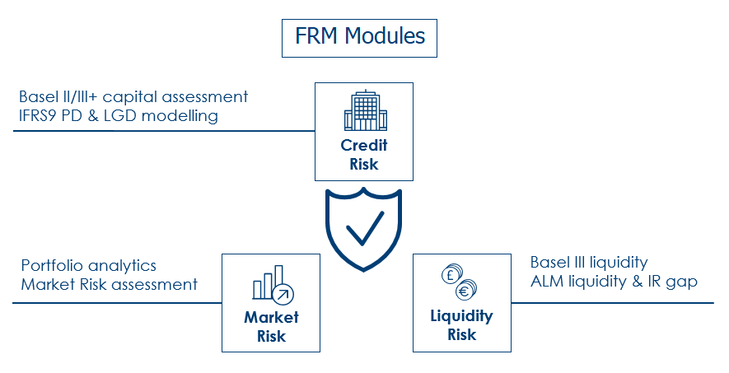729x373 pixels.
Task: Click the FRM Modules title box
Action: click(359, 38)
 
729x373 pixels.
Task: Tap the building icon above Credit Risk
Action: click(363, 112)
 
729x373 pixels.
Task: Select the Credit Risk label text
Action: click(364, 155)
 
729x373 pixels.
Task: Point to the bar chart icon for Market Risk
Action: click(268, 282)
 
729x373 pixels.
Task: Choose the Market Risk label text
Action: click(271, 326)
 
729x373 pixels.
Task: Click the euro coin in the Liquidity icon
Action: click(467, 290)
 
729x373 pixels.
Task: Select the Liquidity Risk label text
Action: click(461, 324)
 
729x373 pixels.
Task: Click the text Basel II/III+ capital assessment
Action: click(133, 97)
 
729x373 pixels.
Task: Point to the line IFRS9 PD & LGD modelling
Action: click(118, 116)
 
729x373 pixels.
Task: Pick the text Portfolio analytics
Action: click(88, 266)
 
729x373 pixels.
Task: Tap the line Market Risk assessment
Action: click(109, 285)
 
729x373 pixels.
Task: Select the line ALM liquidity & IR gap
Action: click(614, 282)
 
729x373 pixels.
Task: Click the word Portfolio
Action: click(50, 266)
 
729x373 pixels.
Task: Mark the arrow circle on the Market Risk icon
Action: click(284, 294)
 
